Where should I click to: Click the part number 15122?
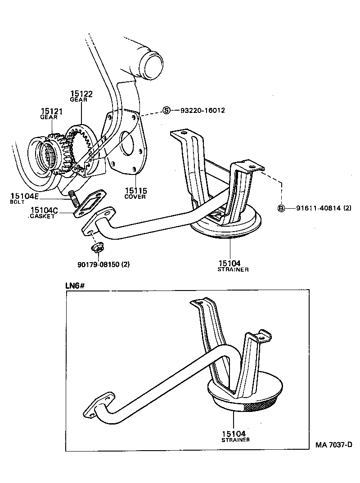coord(81,94)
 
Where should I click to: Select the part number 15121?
coord(52,111)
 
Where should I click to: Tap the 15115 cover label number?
coord(135,191)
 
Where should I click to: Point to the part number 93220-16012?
coord(202,111)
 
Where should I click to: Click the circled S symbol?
coord(166,111)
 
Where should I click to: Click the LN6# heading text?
coord(76,285)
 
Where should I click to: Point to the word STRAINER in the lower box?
coord(235,440)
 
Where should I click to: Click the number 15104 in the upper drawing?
coord(230,263)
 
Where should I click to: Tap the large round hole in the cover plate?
coord(127,143)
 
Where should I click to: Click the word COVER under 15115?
coord(135,197)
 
